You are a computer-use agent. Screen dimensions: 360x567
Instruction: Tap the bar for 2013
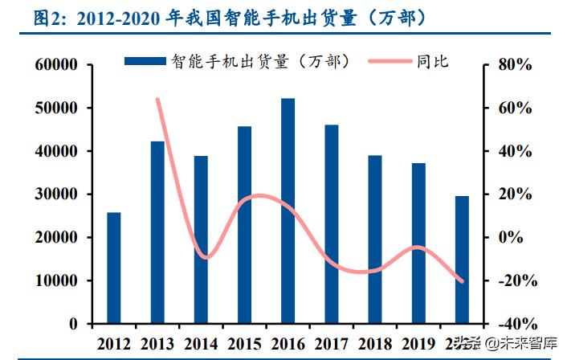[x=157, y=232]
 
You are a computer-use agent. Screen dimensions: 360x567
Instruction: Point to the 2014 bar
[x=201, y=239]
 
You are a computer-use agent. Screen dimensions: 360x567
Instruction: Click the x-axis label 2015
[x=244, y=343]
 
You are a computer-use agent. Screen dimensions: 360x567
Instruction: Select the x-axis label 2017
[x=331, y=343]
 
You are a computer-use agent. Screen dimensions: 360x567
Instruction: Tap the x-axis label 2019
[x=418, y=343]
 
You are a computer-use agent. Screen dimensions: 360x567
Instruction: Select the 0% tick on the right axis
[x=516, y=238]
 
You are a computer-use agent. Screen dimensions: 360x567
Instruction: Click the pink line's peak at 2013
[x=157, y=99]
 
